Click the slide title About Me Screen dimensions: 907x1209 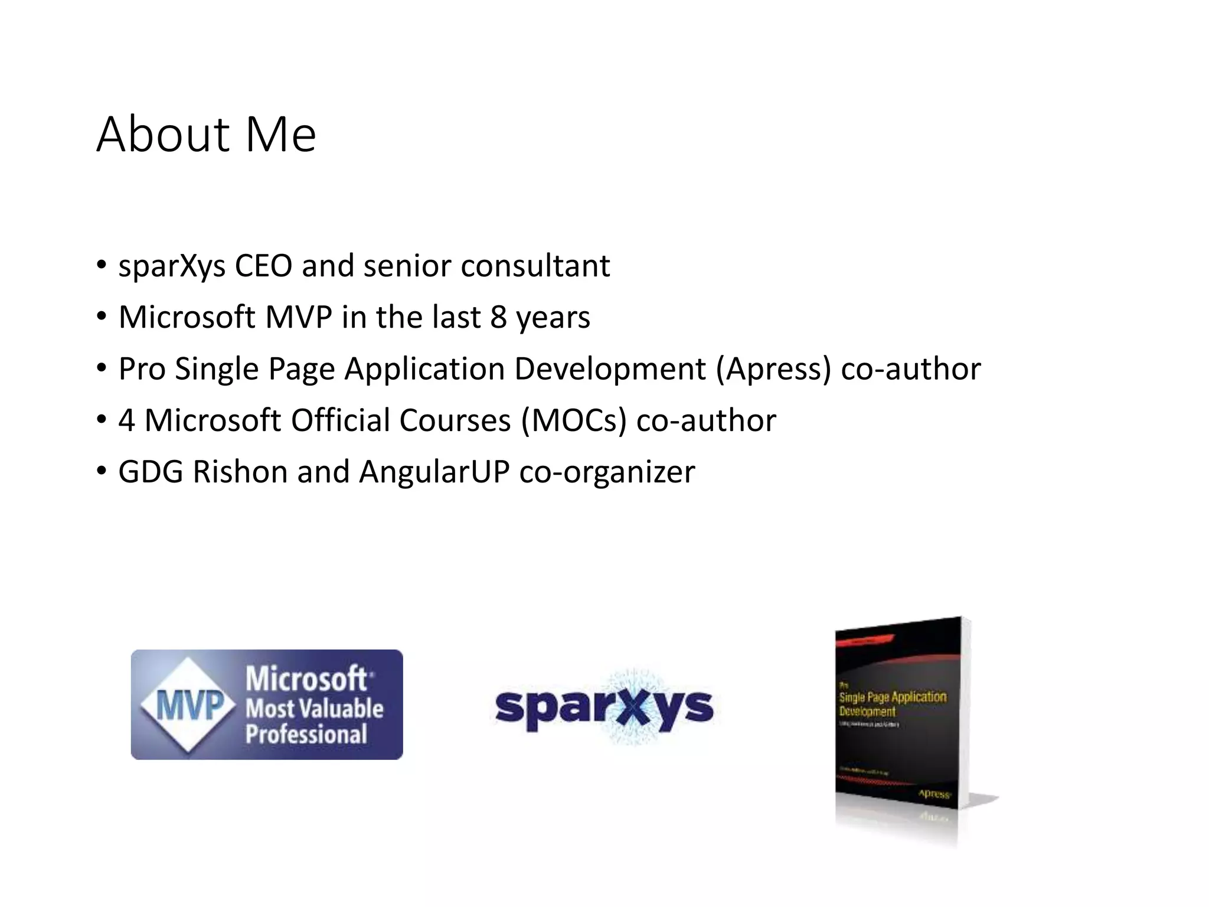pos(206,135)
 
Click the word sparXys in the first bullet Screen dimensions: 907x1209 pos(172,266)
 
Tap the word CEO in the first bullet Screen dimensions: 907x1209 pos(263,266)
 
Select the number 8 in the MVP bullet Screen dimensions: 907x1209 pos(498,317)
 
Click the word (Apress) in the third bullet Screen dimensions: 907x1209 pos(774,369)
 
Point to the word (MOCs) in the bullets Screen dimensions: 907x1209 pos(573,420)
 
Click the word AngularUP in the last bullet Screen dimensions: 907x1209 pos(434,472)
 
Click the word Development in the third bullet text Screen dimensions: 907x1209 pos(610,369)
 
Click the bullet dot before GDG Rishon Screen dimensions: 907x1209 pos(102,471)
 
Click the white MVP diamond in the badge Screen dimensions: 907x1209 pos(188,704)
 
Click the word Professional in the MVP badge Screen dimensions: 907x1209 pos(306,734)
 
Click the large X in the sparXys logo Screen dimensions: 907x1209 pos(634,707)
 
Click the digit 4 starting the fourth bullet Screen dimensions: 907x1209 pos(126,420)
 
